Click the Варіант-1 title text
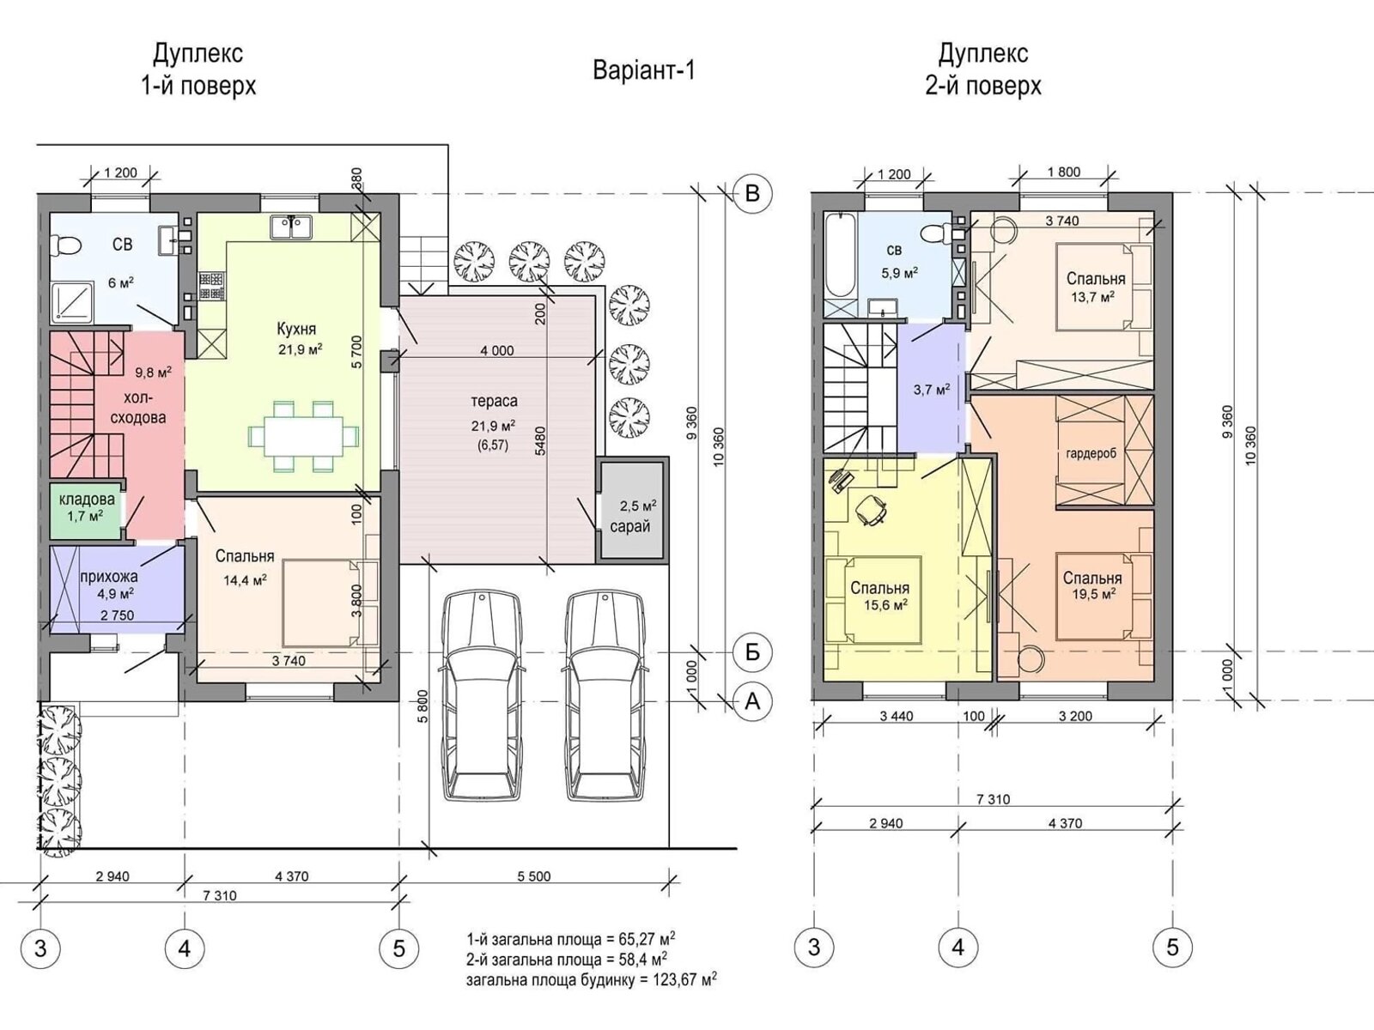click(643, 70)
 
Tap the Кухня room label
click(296, 329)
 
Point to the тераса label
click(494, 401)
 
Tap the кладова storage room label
click(86, 500)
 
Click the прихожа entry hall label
click(109, 577)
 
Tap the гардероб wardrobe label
click(1091, 453)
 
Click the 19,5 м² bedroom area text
click(1091, 593)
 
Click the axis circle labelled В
click(752, 193)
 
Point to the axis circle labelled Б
click(752, 652)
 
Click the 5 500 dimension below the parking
click(534, 876)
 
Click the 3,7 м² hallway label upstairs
click(931, 390)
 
